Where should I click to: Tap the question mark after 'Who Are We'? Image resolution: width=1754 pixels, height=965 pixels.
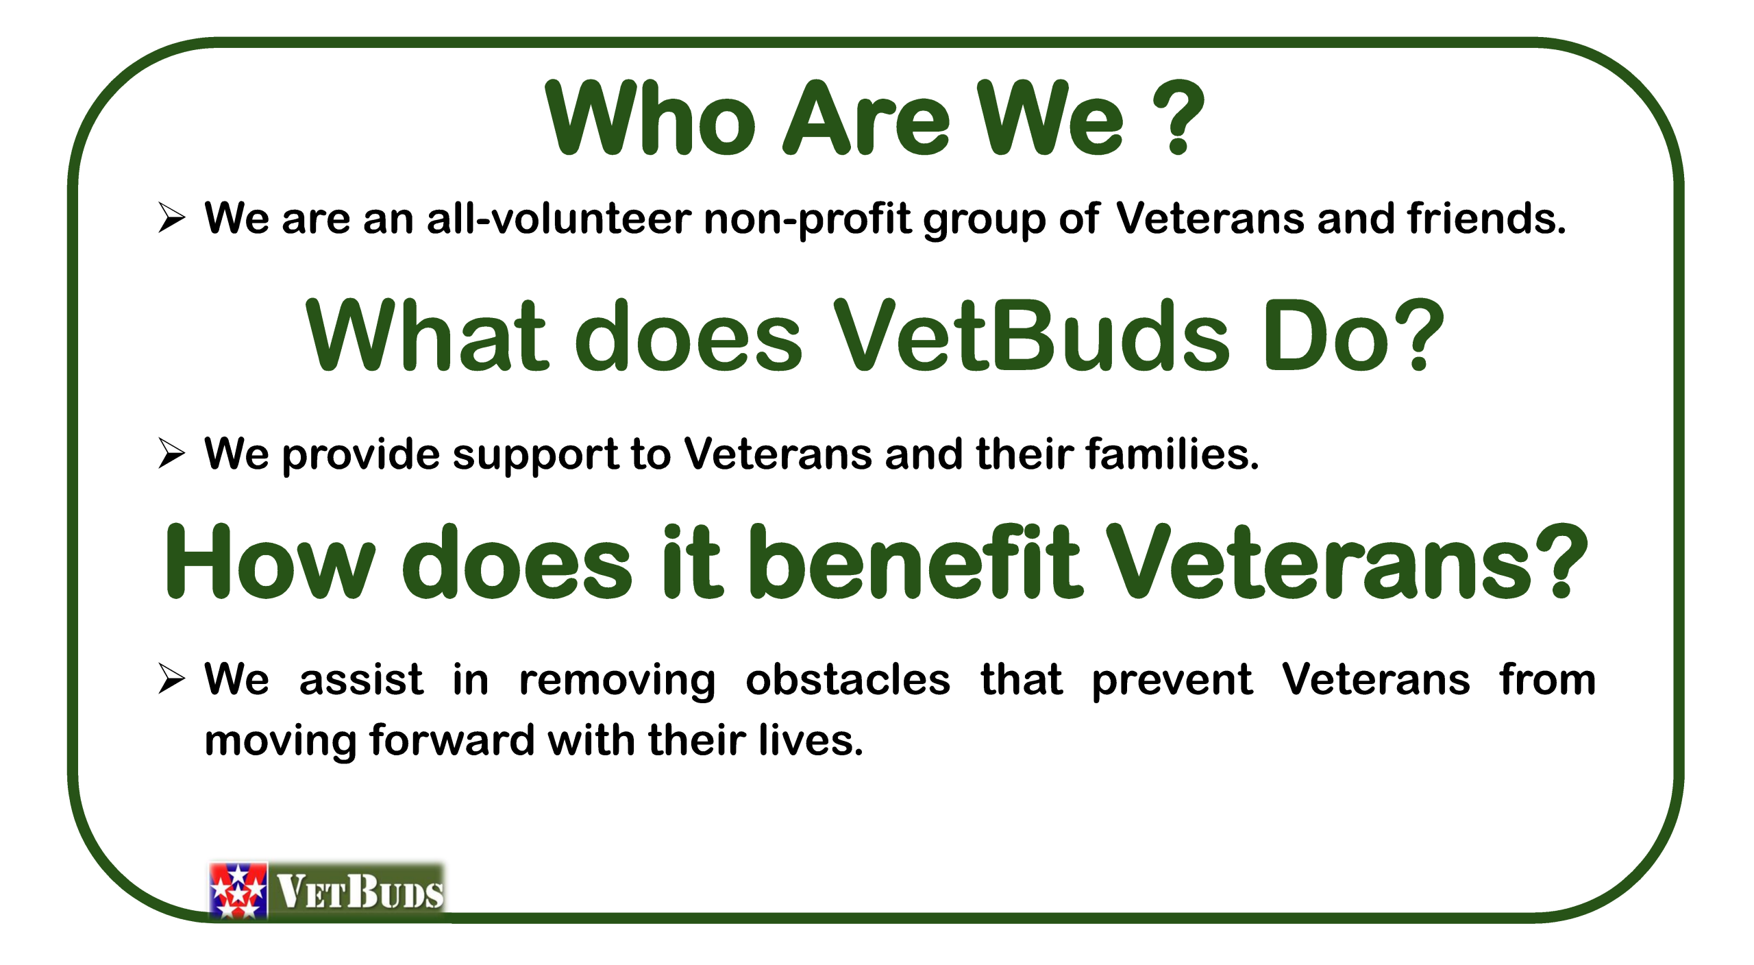click(x=1178, y=118)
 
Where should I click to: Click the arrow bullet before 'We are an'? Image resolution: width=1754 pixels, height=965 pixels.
click(x=171, y=218)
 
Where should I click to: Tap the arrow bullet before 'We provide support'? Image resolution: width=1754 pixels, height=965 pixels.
click(x=171, y=453)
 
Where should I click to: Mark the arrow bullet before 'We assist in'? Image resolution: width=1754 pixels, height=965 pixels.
click(x=171, y=679)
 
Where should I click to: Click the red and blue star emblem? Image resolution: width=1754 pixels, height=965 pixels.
click(x=238, y=890)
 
